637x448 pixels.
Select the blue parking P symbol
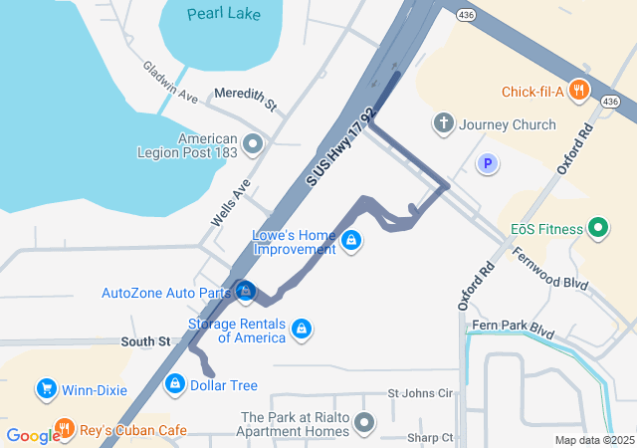[487, 163]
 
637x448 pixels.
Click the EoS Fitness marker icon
[598, 229]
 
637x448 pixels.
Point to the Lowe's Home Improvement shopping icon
[350, 241]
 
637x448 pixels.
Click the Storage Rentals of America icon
[302, 329]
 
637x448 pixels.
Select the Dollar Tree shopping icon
[175, 383]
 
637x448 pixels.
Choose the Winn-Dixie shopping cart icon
[45, 389]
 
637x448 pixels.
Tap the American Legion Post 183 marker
[252, 145]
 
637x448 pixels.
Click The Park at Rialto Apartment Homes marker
[365, 424]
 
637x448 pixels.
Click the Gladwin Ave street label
[171, 83]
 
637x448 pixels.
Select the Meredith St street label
[245, 98]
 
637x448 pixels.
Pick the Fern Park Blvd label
[514, 327]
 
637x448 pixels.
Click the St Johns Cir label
[420, 393]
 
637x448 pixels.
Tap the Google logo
[33, 435]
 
